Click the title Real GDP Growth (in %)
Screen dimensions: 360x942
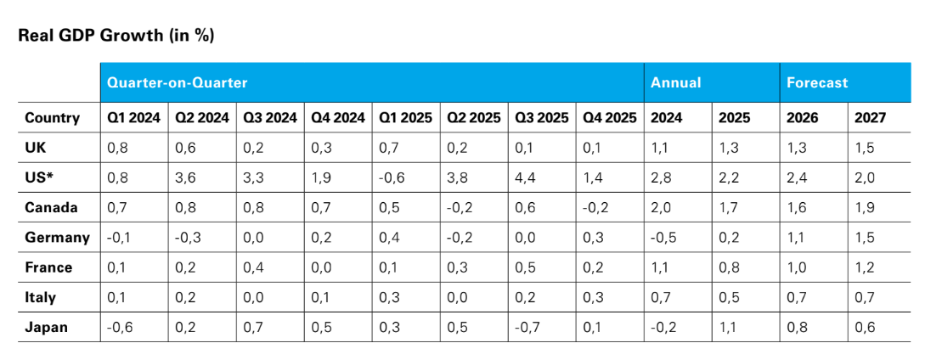(x=116, y=36)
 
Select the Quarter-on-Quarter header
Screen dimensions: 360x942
(x=177, y=82)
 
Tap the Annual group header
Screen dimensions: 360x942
(x=675, y=82)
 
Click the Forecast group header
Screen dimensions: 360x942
(x=816, y=82)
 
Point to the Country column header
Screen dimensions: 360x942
(x=52, y=118)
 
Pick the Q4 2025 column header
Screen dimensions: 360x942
(x=609, y=118)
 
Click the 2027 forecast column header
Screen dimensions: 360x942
(x=871, y=118)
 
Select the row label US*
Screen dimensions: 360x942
(x=40, y=178)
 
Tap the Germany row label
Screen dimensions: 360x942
(x=57, y=238)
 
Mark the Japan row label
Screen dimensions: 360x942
(x=46, y=327)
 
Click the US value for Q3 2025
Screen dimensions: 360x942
(x=526, y=178)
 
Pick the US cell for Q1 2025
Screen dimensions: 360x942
(x=392, y=178)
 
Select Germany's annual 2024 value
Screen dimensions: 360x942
(x=664, y=238)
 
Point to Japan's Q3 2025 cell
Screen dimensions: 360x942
(x=527, y=327)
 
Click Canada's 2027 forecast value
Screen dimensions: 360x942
(x=866, y=208)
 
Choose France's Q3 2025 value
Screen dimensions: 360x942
(x=526, y=267)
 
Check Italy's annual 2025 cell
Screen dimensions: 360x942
(x=729, y=297)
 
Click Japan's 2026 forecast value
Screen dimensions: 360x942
(x=797, y=327)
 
